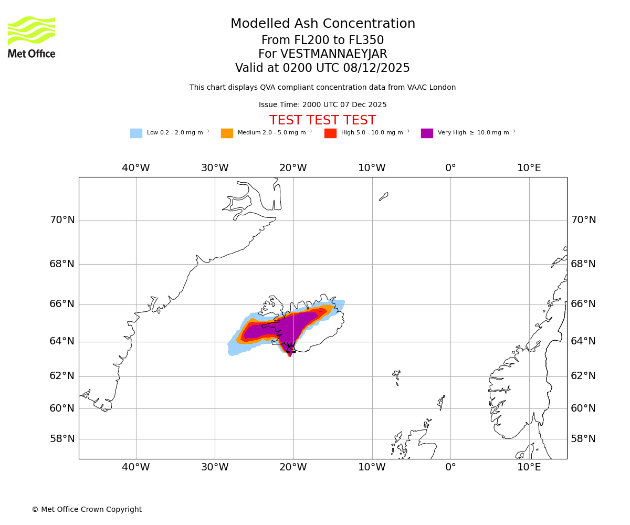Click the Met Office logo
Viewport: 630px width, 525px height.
point(31,37)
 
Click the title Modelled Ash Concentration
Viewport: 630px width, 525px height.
point(322,24)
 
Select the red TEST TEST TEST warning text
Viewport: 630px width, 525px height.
point(322,120)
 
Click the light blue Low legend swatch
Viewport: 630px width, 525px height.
point(136,133)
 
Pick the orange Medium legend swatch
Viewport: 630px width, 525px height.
point(227,133)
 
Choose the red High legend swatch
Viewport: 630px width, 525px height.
point(330,133)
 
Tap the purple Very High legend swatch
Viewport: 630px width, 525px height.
point(427,133)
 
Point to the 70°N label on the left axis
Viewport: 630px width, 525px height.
point(62,220)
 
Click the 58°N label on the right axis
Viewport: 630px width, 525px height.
point(583,439)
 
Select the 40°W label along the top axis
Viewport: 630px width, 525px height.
point(136,168)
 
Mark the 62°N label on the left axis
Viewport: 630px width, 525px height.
point(62,376)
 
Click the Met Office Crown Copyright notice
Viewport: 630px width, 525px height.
point(87,509)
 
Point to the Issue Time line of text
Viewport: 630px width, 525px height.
point(322,105)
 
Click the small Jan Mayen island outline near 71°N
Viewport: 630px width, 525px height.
point(384,196)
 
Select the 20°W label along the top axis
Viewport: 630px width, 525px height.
point(293,168)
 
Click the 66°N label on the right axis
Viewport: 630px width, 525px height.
point(583,304)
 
